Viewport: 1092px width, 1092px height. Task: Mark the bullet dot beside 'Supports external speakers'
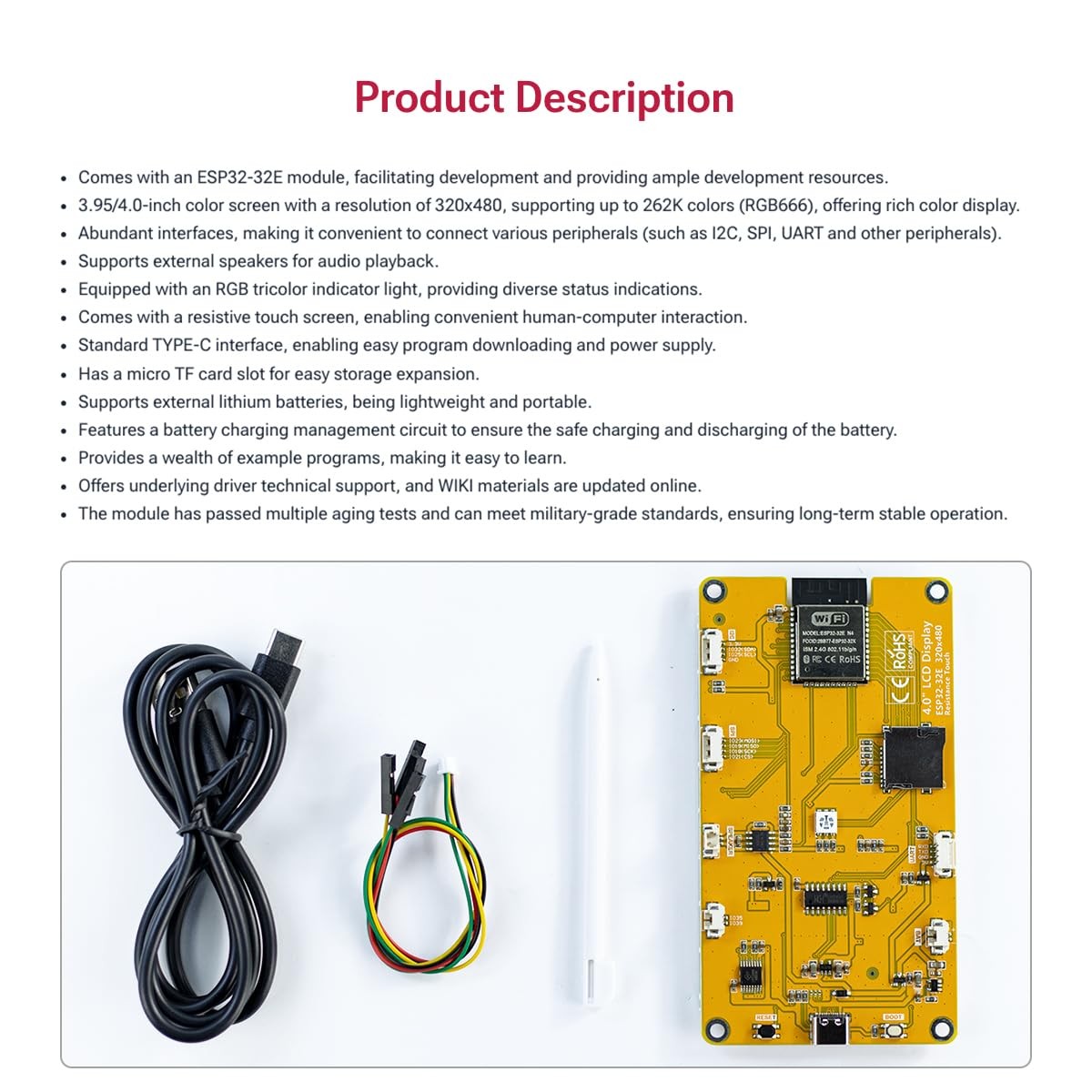pos(63,263)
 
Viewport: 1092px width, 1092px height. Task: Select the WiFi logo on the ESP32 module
pos(830,619)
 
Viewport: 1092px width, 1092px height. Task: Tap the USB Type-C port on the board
pos(831,1029)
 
